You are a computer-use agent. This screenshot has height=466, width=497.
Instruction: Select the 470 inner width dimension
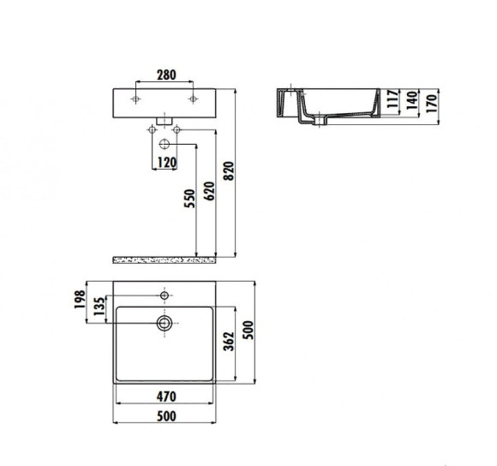(x=165, y=397)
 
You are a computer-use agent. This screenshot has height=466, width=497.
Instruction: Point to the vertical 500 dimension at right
(x=250, y=332)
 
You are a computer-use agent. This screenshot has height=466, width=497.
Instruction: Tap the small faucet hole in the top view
(x=165, y=296)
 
